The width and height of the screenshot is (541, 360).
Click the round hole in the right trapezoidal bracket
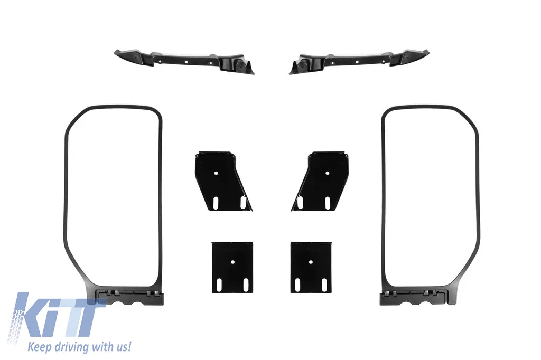[328, 173]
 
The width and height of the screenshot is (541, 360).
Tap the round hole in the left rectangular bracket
[232, 262]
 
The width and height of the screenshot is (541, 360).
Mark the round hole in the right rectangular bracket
[311, 262]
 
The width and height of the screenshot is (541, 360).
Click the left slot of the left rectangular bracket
[219, 285]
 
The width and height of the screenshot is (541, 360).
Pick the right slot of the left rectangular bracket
[246, 285]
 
